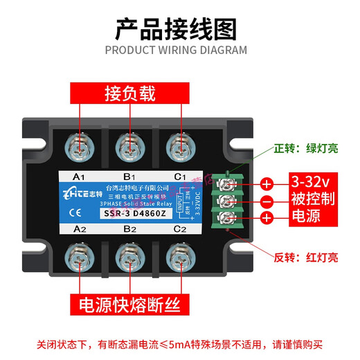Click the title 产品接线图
tap(176, 29)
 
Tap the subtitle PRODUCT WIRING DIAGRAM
tap(176, 50)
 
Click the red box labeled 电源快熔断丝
tap(130, 304)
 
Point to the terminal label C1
tap(180, 177)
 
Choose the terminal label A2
tap(78, 228)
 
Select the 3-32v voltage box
tap(307, 182)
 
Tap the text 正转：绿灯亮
tap(305, 148)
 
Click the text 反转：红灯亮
tap(305, 257)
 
